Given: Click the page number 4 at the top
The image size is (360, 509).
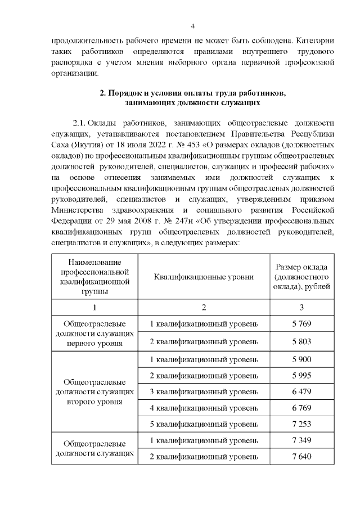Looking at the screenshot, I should click(x=192, y=26).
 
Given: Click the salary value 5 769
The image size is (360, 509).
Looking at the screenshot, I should click(x=302, y=324).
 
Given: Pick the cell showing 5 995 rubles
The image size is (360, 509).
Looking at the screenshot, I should click(x=302, y=375).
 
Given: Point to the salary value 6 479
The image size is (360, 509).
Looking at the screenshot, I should click(x=302, y=391).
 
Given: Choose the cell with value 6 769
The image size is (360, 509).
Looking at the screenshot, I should click(x=302, y=408).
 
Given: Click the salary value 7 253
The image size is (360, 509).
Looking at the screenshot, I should click(x=302, y=424).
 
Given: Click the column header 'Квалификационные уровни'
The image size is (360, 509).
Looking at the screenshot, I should click(x=204, y=277).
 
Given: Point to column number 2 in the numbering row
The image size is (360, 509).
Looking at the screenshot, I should click(x=204, y=307).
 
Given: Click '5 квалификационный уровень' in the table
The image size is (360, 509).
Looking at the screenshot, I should click(x=204, y=424).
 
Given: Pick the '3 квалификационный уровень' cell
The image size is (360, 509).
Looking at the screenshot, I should click(x=204, y=391).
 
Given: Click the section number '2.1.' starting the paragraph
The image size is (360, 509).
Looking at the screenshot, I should click(x=79, y=122).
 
